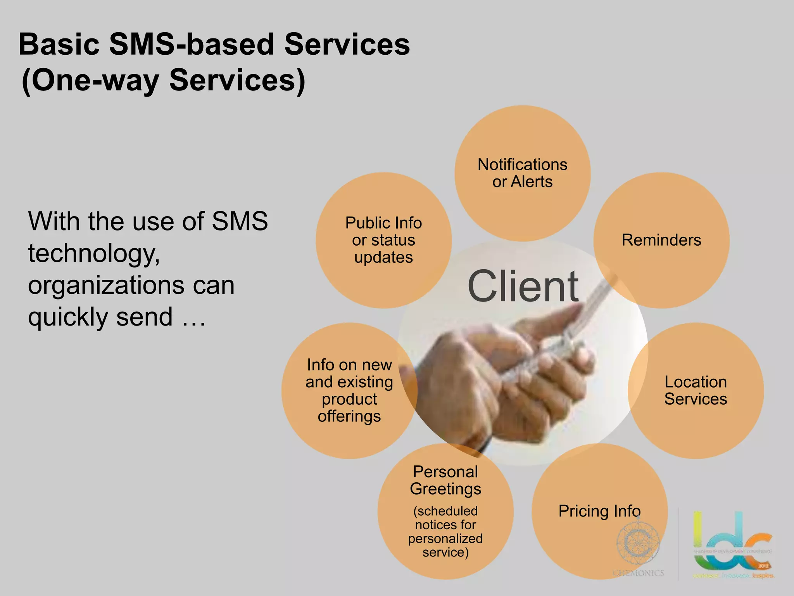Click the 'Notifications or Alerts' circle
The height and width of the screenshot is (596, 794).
pyautogui.click(x=522, y=173)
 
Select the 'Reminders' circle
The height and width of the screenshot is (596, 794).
pyautogui.click(x=661, y=240)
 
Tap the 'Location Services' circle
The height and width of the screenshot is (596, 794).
pyautogui.click(x=696, y=390)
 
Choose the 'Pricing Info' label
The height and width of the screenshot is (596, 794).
pyautogui.click(x=599, y=511)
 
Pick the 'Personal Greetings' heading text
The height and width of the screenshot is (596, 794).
pyautogui.click(x=445, y=480)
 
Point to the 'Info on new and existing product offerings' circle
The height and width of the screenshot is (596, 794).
pyautogui.click(x=349, y=390)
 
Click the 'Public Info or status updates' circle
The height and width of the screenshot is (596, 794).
pyautogui.click(x=383, y=240)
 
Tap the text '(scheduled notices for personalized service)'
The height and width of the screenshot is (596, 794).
pyautogui.click(x=445, y=532)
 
